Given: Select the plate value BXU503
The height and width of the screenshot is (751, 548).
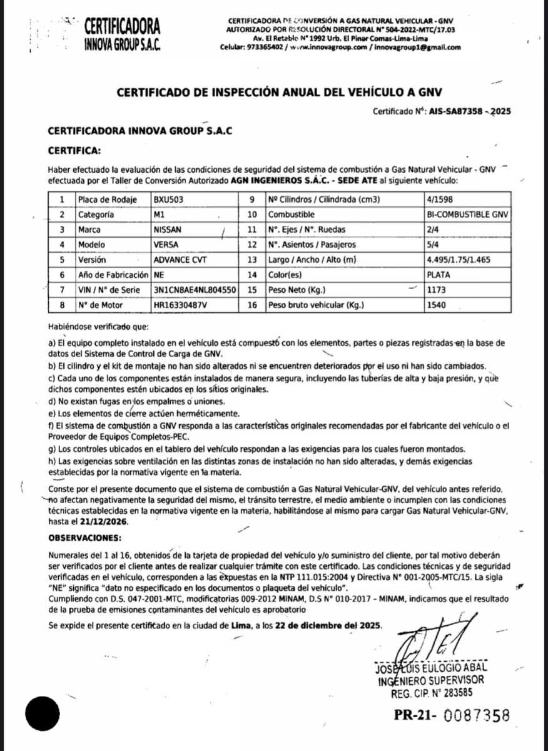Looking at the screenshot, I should [x=170, y=200].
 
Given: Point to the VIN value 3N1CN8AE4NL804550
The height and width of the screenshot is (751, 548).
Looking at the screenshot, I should [x=195, y=290].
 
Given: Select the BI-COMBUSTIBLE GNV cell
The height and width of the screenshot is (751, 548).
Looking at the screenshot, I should [x=467, y=215].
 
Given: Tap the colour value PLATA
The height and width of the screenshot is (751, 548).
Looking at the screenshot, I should [x=439, y=275].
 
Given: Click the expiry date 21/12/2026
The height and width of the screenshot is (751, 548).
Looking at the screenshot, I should [x=104, y=521].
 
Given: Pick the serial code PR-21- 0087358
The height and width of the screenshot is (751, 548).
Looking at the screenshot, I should [x=452, y=715].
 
